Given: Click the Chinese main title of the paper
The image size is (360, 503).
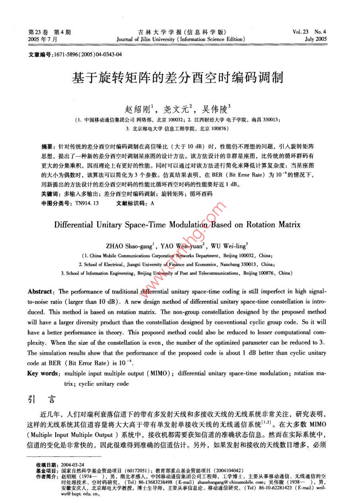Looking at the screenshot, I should (177, 77).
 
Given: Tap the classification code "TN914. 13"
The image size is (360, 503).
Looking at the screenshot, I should (87, 203).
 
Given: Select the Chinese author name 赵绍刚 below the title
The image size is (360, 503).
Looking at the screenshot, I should (134, 108).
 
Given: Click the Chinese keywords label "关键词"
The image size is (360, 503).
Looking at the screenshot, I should (51, 194).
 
